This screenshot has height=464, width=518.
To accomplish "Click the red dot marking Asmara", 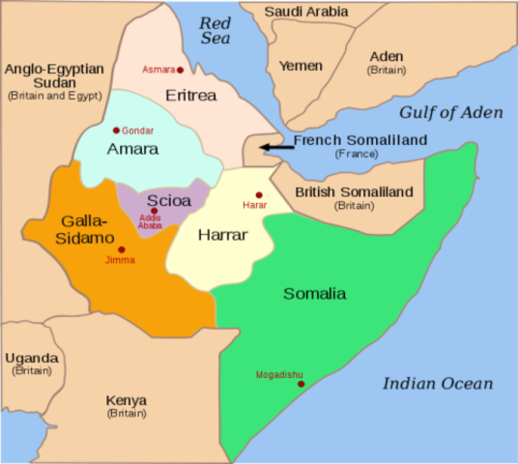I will pos(181,70).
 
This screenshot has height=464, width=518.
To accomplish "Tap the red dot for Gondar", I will pos(116,130).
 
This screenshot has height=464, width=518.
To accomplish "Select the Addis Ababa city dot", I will pos(155,211).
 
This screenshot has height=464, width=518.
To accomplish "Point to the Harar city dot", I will pos(258,194).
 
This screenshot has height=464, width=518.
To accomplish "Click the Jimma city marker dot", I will pos(121,249).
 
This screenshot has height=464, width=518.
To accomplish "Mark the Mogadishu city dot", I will pos(302,385).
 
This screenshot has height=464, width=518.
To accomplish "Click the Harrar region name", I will pos(223,235).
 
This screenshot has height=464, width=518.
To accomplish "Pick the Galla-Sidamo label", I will pos(73,227).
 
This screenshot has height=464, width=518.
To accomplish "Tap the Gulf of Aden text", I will pos(450,112).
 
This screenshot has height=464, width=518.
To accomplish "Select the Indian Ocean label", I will pos(437,384).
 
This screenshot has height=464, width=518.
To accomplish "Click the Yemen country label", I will pos(301,66).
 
